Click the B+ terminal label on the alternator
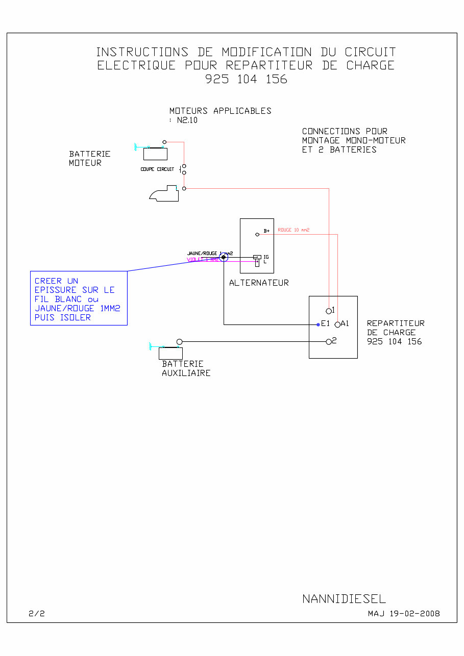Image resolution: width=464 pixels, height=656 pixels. [x=266, y=231]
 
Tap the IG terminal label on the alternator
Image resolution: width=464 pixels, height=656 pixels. [x=266, y=257]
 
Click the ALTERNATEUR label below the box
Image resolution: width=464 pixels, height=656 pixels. [x=259, y=283]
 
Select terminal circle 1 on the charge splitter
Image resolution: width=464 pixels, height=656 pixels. [x=329, y=311]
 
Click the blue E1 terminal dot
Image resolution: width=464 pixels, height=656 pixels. [x=318, y=324]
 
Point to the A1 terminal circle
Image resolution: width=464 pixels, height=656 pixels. [x=337, y=324]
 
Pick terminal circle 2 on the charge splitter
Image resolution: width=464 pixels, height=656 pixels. [x=329, y=342]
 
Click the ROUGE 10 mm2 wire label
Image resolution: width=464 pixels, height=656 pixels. [x=294, y=230]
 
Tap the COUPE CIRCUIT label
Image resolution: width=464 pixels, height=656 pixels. [x=157, y=169]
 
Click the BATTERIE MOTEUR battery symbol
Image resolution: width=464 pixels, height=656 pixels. [x=155, y=153]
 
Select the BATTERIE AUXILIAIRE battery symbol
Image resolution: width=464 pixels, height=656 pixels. [x=170, y=353]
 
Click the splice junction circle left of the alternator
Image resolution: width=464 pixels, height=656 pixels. [x=224, y=258]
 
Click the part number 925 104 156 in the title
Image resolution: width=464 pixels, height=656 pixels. [x=246, y=79]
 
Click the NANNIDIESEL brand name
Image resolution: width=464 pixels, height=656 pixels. [x=344, y=599]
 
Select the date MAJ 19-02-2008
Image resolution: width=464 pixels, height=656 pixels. [x=404, y=614]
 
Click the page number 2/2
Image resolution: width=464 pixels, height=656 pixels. [x=37, y=614]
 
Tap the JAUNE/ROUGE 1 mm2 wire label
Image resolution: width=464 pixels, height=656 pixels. [x=206, y=253]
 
